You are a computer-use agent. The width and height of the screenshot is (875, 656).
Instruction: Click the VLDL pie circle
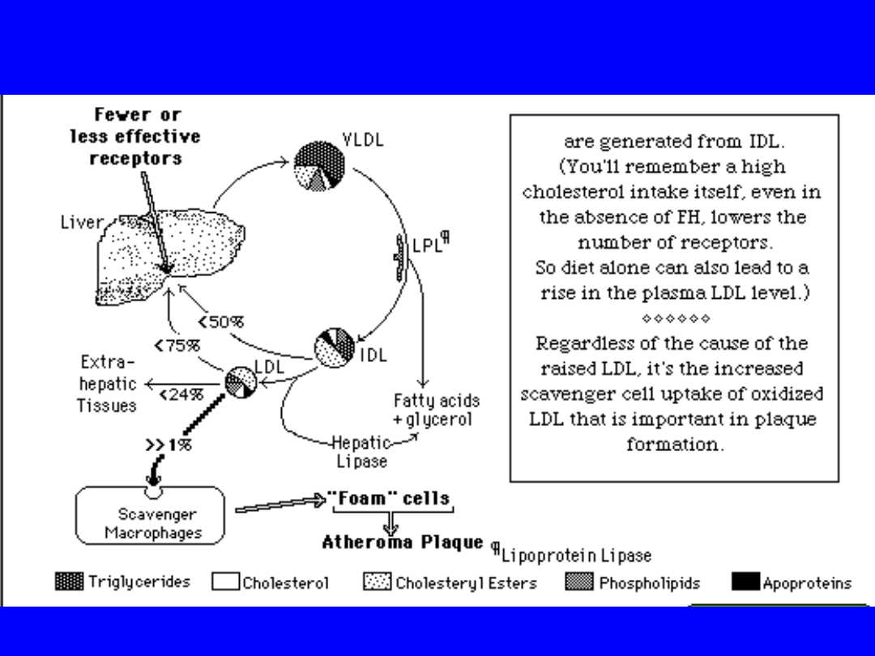[x=319, y=166]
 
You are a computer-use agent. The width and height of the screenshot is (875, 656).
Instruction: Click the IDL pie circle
[x=335, y=348]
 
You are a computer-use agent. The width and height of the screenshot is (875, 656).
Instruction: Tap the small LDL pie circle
[x=241, y=381]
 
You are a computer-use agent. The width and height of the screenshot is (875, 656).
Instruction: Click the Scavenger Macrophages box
[x=150, y=516]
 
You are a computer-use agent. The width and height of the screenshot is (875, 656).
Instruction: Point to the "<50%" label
[x=220, y=322]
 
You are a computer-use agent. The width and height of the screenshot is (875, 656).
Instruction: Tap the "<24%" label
[x=181, y=395]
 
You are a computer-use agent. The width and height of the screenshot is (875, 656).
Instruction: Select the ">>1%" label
[x=169, y=445]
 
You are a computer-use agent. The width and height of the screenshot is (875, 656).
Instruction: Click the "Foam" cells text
[x=388, y=497]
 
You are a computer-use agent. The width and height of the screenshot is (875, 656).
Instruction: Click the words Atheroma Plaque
[x=403, y=542]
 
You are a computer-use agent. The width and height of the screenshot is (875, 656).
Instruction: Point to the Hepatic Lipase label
[x=361, y=452]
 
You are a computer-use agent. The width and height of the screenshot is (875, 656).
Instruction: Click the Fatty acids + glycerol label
[x=436, y=410]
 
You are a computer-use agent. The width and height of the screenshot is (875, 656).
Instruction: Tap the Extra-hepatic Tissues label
[x=107, y=384]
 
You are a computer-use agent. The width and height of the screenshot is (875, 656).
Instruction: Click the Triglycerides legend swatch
[x=69, y=581]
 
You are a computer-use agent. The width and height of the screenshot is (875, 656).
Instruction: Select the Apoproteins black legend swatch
[x=745, y=581]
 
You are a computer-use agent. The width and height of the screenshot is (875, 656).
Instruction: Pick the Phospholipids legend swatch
[x=579, y=581]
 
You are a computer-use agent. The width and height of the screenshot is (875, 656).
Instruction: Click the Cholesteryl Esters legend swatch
[x=377, y=581]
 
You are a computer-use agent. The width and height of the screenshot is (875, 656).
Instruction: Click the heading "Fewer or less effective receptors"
[x=136, y=136]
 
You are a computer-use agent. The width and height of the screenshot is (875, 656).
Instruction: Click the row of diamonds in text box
[x=675, y=317]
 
